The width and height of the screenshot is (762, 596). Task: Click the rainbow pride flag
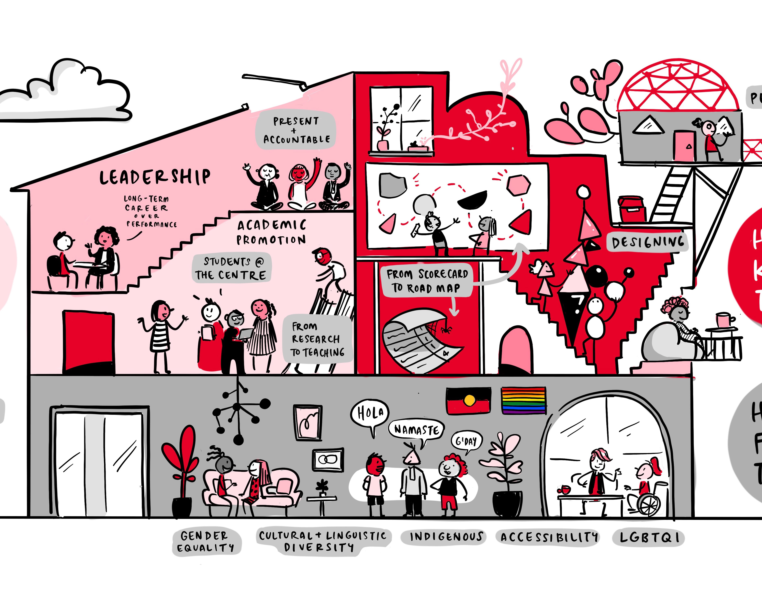(523, 400)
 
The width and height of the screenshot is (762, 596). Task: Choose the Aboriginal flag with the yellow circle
(469, 401)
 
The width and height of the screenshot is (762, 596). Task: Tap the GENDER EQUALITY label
(206, 542)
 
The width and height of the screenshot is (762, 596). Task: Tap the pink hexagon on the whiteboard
(518, 185)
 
